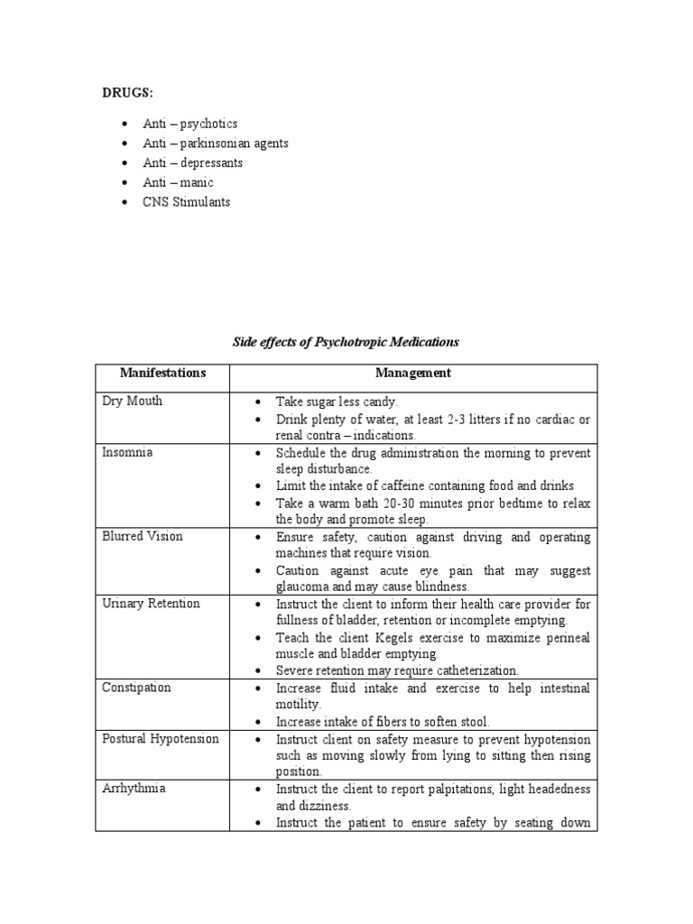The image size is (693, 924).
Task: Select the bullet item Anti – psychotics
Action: (x=189, y=124)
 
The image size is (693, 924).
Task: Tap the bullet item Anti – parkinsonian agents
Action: (x=215, y=143)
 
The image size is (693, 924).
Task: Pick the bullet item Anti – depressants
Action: (x=192, y=163)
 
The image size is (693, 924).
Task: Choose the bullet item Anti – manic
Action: (x=178, y=182)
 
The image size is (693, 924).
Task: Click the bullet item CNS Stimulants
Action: (x=186, y=202)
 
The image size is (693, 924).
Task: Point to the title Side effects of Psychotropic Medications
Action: (x=346, y=342)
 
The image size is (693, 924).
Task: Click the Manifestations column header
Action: (x=162, y=373)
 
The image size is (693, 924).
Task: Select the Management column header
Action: (x=413, y=373)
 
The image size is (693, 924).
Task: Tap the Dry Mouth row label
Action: (x=132, y=402)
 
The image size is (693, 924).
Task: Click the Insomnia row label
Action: (x=127, y=452)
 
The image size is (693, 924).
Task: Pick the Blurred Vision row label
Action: (x=143, y=536)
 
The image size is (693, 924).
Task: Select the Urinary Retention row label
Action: (x=151, y=604)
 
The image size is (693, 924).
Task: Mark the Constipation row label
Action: (x=136, y=688)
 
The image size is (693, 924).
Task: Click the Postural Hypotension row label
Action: (x=161, y=738)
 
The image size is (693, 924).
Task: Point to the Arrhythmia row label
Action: (x=133, y=789)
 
